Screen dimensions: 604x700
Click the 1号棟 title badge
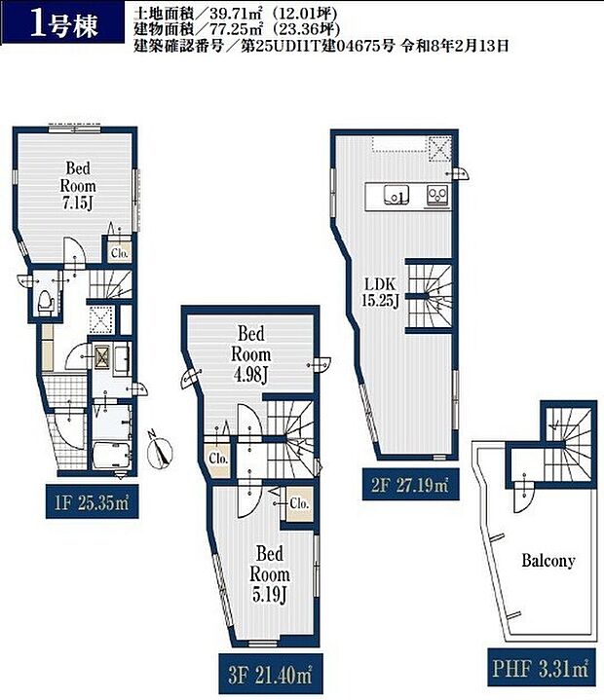[x=62, y=21]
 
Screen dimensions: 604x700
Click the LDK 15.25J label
[x=380, y=292]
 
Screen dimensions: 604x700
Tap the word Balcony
[x=548, y=560]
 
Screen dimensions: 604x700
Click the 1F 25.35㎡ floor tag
[x=92, y=502]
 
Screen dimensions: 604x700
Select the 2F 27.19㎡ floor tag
[x=410, y=485]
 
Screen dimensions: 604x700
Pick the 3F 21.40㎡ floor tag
[x=270, y=675]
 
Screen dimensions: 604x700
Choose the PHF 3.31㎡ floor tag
[x=542, y=668]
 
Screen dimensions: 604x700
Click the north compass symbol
[x=160, y=451]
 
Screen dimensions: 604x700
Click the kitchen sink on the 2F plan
[x=396, y=195]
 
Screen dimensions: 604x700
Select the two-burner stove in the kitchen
[x=436, y=195]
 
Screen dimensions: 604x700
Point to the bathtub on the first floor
[x=112, y=456]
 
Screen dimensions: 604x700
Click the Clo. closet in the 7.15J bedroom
[x=119, y=253]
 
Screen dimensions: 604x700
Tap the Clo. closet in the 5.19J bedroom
[x=299, y=503]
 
